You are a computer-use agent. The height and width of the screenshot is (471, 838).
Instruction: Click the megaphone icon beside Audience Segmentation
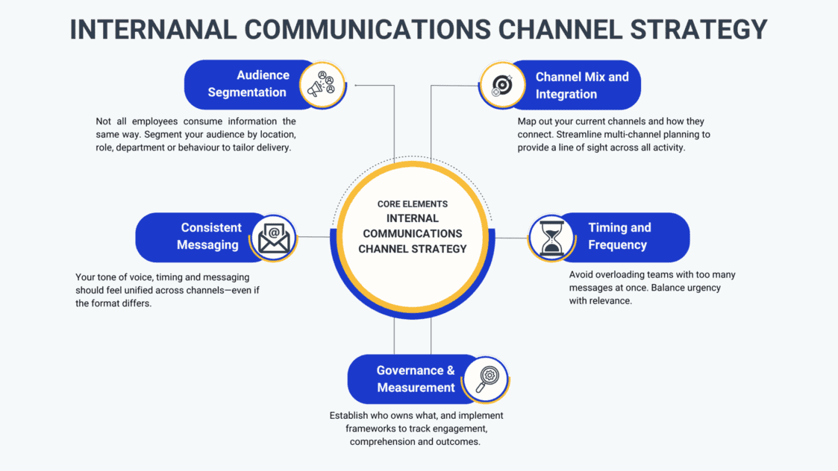pyautogui.click(x=322, y=85)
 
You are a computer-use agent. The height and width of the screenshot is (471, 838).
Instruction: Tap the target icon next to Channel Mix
pyautogui.click(x=501, y=86)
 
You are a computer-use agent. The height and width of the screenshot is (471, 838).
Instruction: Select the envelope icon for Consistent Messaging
pyautogui.click(x=274, y=238)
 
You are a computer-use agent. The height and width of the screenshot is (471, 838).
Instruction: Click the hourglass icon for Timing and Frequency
pyautogui.click(x=552, y=238)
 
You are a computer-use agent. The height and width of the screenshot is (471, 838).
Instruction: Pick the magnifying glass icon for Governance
pyautogui.click(x=485, y=378)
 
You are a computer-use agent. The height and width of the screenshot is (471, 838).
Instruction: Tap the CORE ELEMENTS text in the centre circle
pyautogui.click(x=413, y=203)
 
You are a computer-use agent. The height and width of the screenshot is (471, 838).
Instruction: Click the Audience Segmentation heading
pyautogui.click(x=247, y=83)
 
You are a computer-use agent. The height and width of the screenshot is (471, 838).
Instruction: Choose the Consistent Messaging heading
pyautogui.click(x=210, y=236)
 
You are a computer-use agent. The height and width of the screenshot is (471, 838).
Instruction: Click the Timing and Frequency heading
pyautogui.click(x=619, y=236)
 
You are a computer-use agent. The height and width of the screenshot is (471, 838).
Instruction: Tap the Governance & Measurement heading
pyautogui.click(x=416, y=379)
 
